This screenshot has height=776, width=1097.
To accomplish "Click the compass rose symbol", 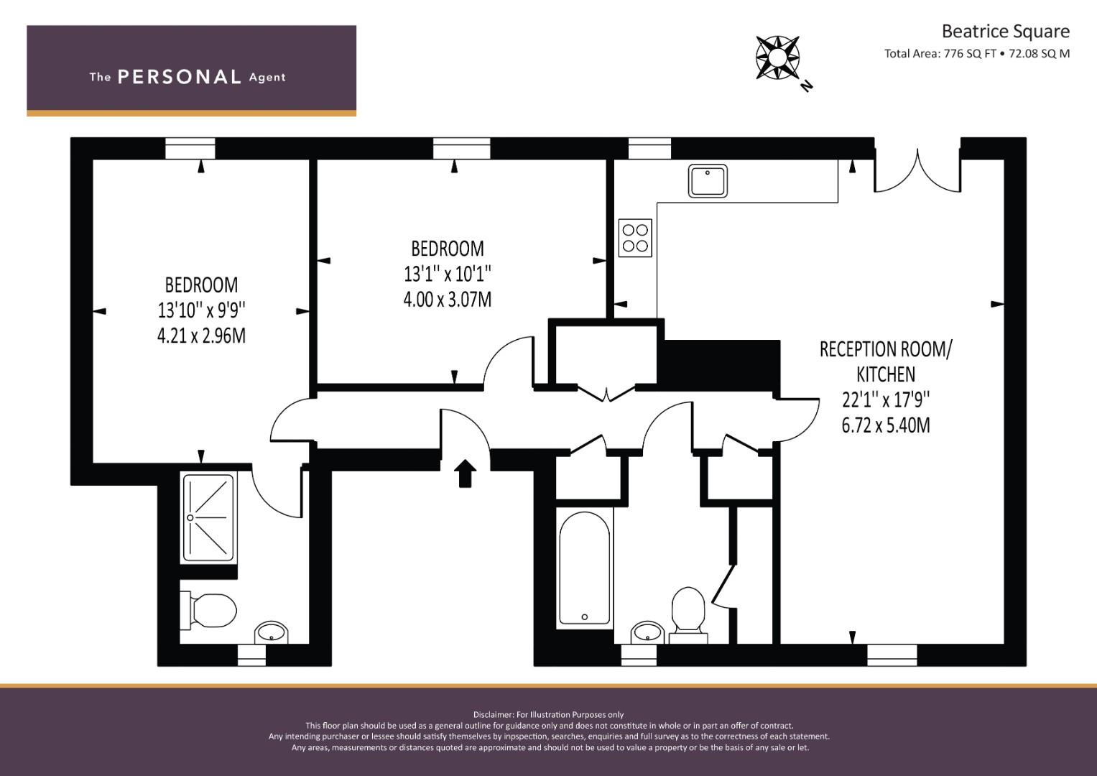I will click(x=778, y=57).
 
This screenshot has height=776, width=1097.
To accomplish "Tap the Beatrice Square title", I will click(x=1005, y=32).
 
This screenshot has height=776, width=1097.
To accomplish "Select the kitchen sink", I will click(x=708, y=180).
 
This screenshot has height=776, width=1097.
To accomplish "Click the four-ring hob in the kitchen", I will click(x=635, y=239).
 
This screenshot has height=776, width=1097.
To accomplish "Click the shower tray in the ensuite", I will click(x=208, y=517).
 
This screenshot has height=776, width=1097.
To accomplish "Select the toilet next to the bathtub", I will click(x=688, y=611).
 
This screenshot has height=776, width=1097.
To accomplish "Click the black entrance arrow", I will click(x=466, y=473).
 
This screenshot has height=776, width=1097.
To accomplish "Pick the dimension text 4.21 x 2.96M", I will click(x=201, y=336).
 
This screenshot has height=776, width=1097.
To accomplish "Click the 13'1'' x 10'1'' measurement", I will click(x=447, y=274).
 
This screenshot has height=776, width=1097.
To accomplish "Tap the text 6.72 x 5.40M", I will click(x=886, y=425).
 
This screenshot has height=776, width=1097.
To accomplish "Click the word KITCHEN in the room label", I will click(x=886, y=374).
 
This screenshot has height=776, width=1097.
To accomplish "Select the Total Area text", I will click(x=977, y=53).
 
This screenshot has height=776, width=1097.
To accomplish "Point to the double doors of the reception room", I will click(x=917, y=172).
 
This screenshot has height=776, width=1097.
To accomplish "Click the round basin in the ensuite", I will click(x=272, y=632).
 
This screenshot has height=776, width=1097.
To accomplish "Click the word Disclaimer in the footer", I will click(x=494, y=715).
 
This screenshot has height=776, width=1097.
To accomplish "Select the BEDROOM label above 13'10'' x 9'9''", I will click(x=201, y=285).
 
